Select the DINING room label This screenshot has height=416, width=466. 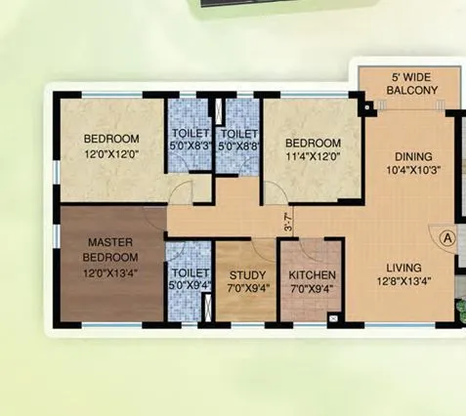(413, 156)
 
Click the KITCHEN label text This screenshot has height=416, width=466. (313, 276)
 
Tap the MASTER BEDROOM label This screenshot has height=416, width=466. (110, 249)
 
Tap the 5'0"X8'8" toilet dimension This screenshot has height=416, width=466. (238, 147)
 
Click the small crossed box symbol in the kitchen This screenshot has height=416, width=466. (334, 318)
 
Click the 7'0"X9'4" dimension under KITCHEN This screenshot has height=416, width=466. (313, 290)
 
